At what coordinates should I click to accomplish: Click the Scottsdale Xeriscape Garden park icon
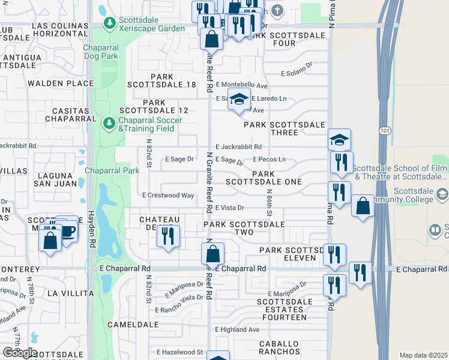click(109, 23)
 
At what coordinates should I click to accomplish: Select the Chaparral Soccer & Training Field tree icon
click(109, 124)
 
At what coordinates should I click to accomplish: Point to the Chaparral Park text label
click(112, 170)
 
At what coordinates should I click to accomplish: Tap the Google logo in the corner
click(19, 353)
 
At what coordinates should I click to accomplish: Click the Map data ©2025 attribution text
click(423, 355)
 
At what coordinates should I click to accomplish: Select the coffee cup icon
click(68, 230)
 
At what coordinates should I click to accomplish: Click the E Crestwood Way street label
click(168, 196)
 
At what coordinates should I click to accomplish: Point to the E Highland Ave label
click(237, 329)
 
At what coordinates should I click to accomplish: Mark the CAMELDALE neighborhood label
click(133, 324)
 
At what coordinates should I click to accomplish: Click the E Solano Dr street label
click(297, 73)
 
